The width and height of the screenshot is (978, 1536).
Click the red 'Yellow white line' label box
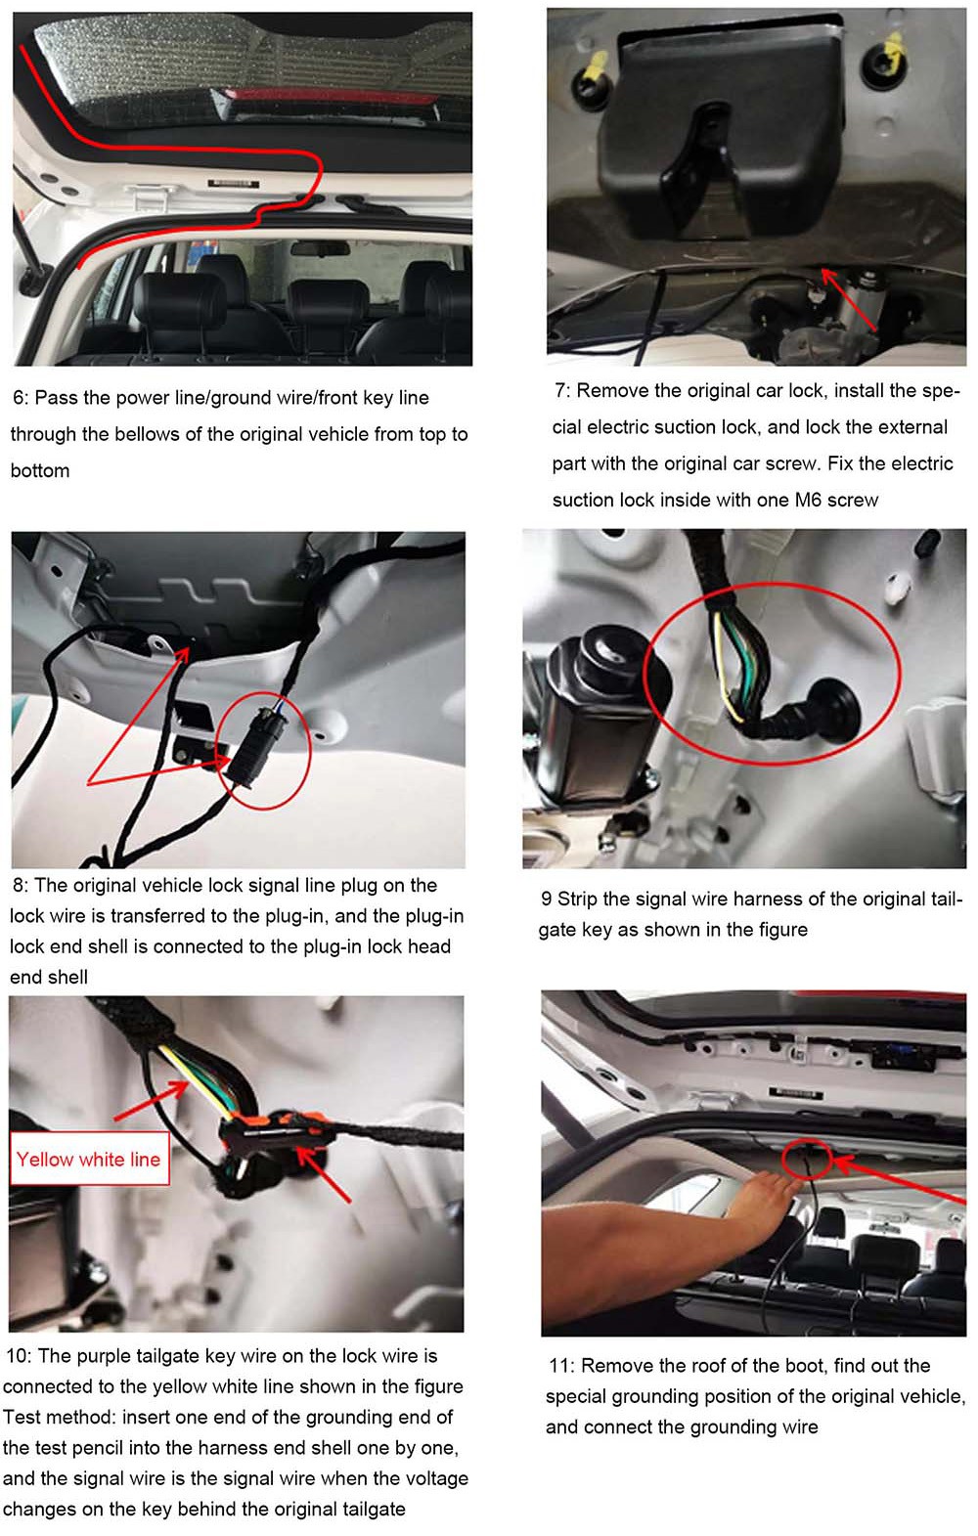pyautogui.click(x=90, y=1159)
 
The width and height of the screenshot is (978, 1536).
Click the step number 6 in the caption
pyautogui.click(x=19, y=398)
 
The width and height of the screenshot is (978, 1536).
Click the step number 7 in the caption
pyautogui.click(x=561, y=390)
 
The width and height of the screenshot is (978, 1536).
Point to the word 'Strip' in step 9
pyautogui.click(x=577, y=899)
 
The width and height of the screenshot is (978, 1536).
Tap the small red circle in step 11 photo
pyautogui.click(x=807, y=1160)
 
